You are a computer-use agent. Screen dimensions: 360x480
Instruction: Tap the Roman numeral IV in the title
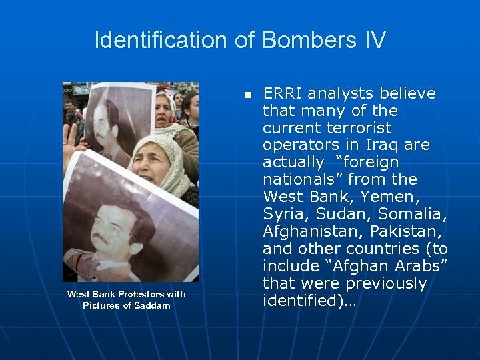(x=373, y=40)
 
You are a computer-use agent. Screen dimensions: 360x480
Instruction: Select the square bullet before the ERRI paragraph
(x=247, y=95)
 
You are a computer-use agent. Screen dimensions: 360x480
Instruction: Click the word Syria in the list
(x=283, y=214)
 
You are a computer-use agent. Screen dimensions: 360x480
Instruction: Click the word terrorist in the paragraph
(x=360, y=127)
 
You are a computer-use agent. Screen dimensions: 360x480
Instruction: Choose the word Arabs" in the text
(x=420, y=266)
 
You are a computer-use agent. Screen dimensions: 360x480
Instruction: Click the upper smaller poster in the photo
(x=117, y=120)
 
